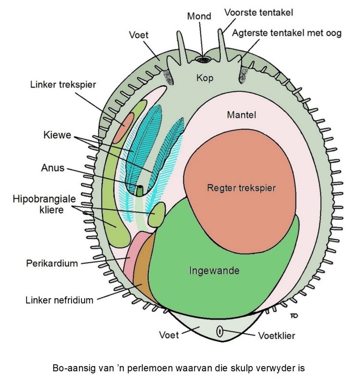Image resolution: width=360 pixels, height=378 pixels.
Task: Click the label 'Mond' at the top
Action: pyautogui.click(x=199, y=16)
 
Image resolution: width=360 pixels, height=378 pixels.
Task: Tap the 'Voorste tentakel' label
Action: pyautogui.click(x=258, y=13)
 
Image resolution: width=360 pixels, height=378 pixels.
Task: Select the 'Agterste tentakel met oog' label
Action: pyautogui.click(x=287, y=33)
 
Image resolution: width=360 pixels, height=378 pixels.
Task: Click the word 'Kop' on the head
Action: pyautogui.click(x=205, y=78)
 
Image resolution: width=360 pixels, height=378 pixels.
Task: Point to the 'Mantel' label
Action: pyautogui.click(x=241, y=115)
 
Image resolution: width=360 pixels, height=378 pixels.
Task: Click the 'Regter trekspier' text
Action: pyautogui.click(x=241, y=188)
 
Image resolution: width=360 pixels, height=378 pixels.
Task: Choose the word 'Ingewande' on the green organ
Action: pyautogui.click(x=214, y=271)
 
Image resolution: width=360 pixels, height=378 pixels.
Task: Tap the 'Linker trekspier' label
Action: pyautogui.click(x=63, y=85)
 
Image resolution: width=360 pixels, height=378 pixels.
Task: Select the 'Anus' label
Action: pyautogui.click(x=53, y=168)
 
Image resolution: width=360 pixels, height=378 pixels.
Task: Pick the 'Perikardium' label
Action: pyautogui.click(x=52, y=264)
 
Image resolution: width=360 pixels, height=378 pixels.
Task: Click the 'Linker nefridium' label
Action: pyautogui.click(x=59, y=300)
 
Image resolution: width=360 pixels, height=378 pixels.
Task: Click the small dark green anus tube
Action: pyautogui.click(x=140, y=190)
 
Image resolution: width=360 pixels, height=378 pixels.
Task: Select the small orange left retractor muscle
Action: pyautogui.click(x=123, y=128)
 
